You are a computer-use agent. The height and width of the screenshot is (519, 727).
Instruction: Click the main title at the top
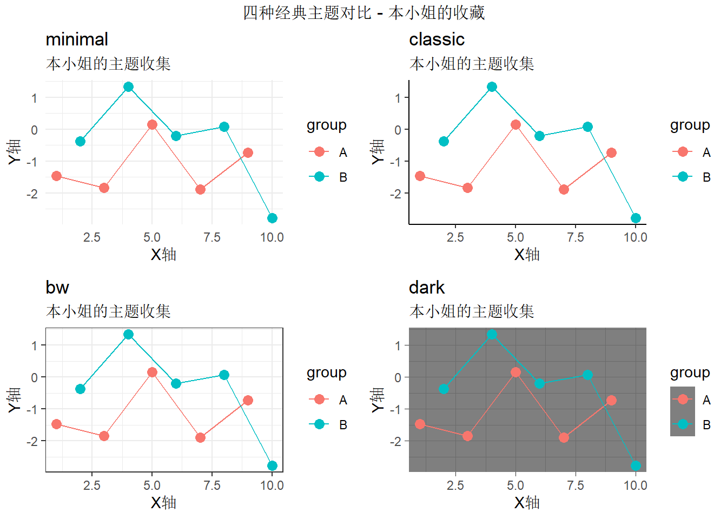pos(363,12)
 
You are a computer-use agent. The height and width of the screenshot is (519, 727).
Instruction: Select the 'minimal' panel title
pos(77,39)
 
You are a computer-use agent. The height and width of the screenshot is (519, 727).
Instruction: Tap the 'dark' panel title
pos(426,288)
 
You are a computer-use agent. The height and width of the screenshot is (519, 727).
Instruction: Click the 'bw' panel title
pos(57,288)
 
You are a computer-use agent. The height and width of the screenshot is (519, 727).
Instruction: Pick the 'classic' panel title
pos(437,39)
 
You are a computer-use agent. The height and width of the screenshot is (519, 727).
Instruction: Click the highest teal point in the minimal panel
pos(128,87)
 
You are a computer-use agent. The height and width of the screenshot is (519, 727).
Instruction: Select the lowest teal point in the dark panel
pos(636,466)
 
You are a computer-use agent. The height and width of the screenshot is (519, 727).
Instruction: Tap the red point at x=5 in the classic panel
pos(515,125)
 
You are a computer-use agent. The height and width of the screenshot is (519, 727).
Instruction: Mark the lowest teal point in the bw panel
pos(272,466)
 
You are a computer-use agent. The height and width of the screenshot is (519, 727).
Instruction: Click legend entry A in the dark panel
pos(683,400)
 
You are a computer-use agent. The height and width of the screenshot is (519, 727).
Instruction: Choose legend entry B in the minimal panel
pos(320,177)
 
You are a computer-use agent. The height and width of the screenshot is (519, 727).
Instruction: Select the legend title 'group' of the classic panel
pos(690,125)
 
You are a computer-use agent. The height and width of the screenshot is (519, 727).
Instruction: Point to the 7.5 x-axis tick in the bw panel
pos(212,485)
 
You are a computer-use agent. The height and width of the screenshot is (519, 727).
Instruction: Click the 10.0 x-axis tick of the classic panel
pos(635,237)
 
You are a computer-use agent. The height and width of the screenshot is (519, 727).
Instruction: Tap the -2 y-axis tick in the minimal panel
pos(32,194)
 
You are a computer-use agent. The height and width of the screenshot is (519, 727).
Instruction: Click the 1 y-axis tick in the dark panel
pos(398,345)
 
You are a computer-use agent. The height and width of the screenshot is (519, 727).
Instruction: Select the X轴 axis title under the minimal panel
pos(163,255)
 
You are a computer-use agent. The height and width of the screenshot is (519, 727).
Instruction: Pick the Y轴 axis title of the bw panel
pos(15,400)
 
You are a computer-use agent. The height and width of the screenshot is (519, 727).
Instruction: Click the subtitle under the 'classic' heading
pos(472,64)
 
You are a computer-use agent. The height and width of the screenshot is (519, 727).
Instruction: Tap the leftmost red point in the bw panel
pos(56,424)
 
